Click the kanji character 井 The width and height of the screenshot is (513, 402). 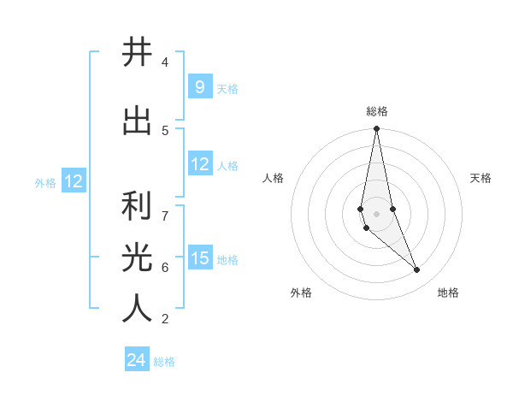coord(137,53)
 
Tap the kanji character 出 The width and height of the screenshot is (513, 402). coord(137,121)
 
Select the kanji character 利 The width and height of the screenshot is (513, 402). coord(137,206)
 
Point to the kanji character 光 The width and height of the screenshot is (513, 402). coord(137,257)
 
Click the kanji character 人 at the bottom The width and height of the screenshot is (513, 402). coord(137,308)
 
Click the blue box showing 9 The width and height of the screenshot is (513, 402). coord(199,86)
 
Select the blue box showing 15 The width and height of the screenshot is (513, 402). coord(199,258)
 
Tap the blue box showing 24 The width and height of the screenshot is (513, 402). coord(136,360)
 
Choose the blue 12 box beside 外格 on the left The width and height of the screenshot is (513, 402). coord(73,181)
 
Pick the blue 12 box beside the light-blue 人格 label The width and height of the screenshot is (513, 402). coord(199,164)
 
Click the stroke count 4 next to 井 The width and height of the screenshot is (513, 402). coord(165,62)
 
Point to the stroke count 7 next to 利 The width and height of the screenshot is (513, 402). coord(165,215)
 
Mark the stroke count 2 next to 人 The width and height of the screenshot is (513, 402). coord(165,319)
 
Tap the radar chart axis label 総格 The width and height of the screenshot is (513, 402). coord(377,111)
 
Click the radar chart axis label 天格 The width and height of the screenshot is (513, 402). coord(481,178)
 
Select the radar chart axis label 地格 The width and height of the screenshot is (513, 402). coord(448,293)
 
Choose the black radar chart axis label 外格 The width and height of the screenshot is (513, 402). coord(301,293)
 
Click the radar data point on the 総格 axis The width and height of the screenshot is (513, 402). coord(376,129)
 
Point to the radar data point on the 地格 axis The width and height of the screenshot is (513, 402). coord(417,270)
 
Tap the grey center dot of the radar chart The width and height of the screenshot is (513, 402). coord(376,213)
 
